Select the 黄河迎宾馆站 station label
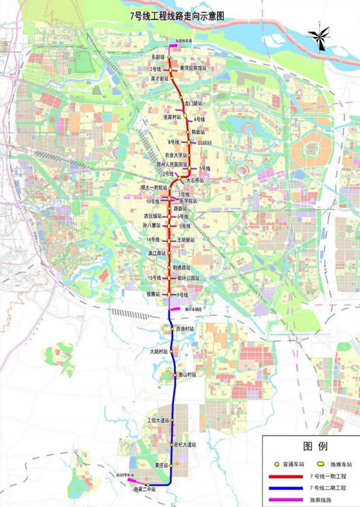[193, 67]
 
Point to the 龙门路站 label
[193, 103]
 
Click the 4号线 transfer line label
[199, 119]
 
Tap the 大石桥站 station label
[195, 180]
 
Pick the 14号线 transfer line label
[154, 240]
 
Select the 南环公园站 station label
[188, 278]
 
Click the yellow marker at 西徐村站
[171, 329]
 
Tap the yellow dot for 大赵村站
[173, 352]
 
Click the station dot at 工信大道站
[173, 420]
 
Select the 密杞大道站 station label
[185, 444]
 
